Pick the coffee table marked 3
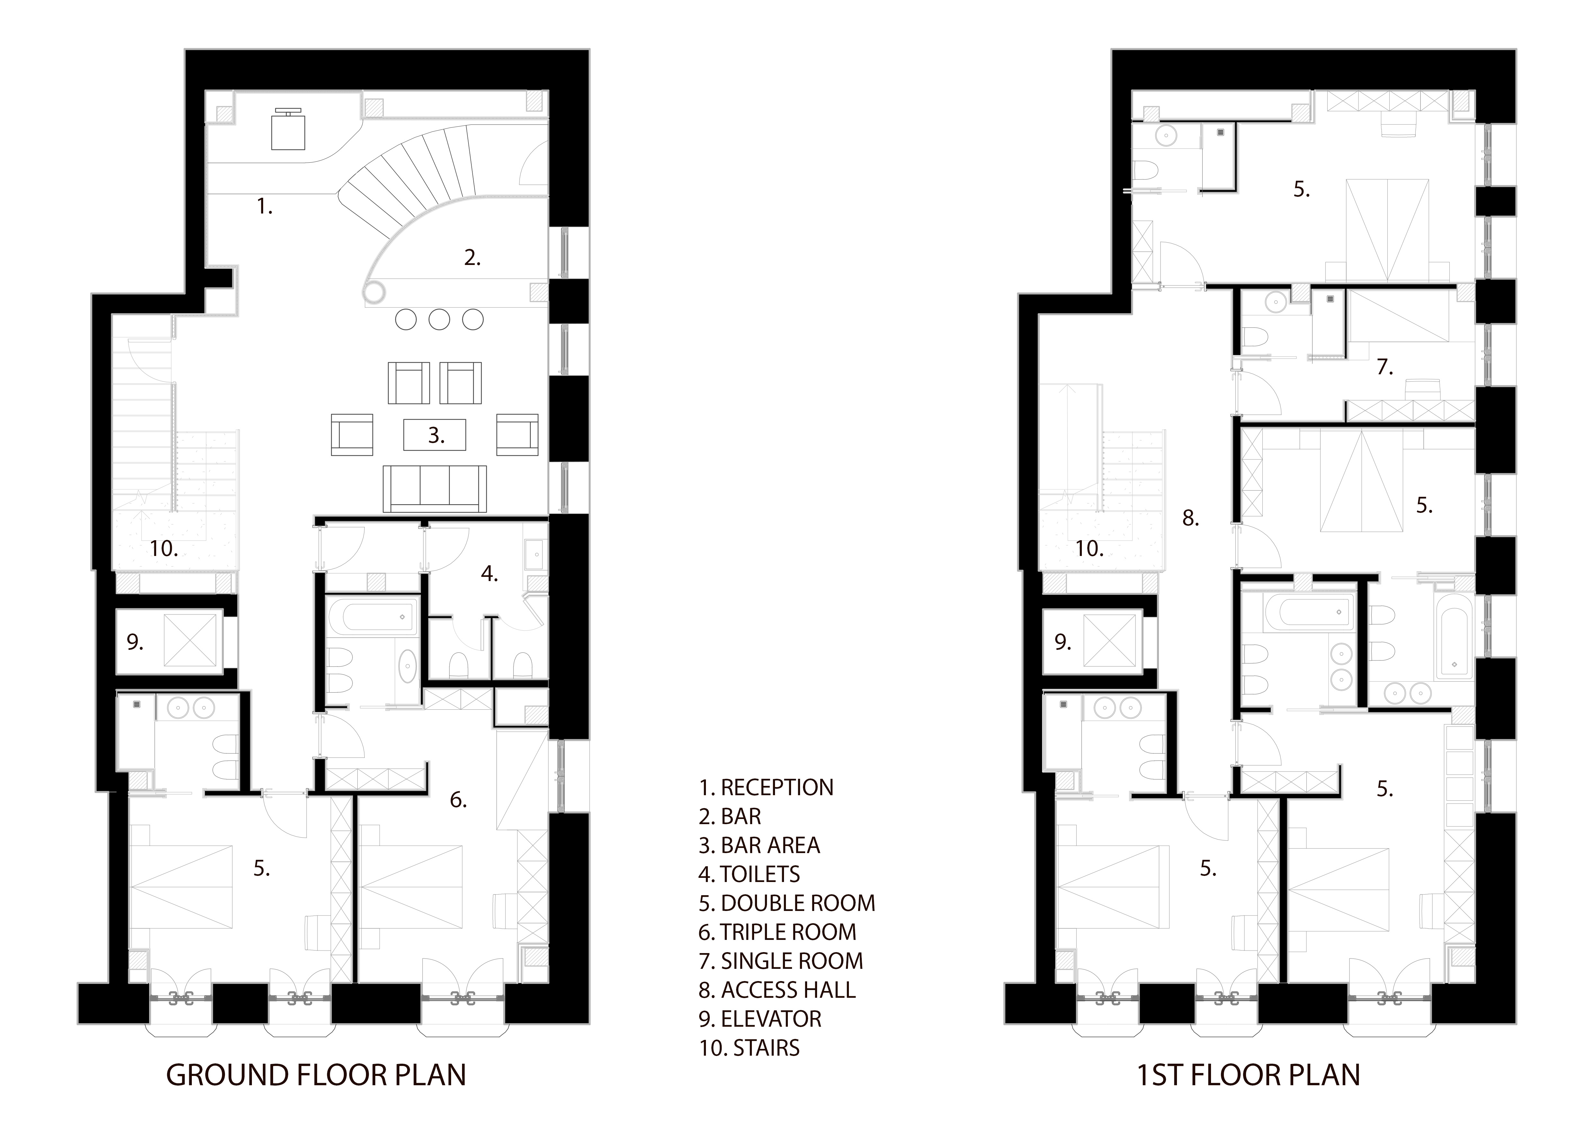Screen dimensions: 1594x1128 pos(435,435)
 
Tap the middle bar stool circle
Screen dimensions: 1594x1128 pos(440,320)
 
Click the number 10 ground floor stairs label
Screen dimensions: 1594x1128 pos(164,549)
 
